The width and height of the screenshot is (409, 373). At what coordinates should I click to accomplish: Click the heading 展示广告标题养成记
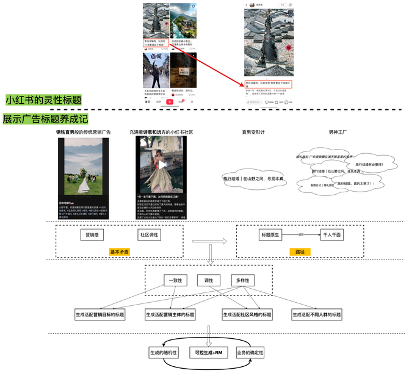point(46,118)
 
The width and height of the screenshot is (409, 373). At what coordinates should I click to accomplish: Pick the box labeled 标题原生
point(270,234)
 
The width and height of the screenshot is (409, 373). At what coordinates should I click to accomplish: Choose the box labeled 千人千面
point(330,234)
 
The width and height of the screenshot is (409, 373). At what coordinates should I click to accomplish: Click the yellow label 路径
point(300,252)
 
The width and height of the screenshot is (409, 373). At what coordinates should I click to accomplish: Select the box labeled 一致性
point(175,281)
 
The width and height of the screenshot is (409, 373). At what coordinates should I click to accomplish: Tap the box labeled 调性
point(209,281)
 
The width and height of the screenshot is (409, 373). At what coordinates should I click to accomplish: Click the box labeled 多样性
point(242,281)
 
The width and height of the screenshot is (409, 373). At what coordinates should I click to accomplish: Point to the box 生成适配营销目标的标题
point(100,315)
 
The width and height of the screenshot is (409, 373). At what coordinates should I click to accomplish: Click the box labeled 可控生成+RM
point(209,353)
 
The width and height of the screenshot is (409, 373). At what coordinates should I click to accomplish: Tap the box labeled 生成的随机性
point(163,353)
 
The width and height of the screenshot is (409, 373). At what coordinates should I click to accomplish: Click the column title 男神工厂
point(338,131)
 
